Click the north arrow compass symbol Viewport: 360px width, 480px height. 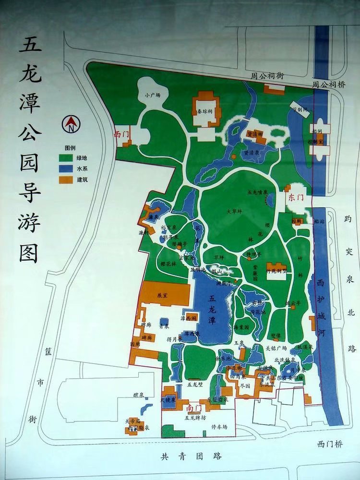click(x=71, y=125)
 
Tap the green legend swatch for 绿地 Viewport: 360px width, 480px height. click(x=66, y=157)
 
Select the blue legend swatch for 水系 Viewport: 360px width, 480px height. click(x=66, y=168)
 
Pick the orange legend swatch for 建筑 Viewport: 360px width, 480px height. click(x=66, y=180)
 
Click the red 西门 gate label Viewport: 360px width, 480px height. click(x=121, y=134)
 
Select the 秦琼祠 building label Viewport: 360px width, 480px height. click(x=205, y=111)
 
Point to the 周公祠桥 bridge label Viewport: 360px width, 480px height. click(x=329, y=84)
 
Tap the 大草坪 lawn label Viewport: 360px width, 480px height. click(x=234, y=211)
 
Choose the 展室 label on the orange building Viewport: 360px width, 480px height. click(x=161, y=295)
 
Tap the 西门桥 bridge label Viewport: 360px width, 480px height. click(x=330, y=444)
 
